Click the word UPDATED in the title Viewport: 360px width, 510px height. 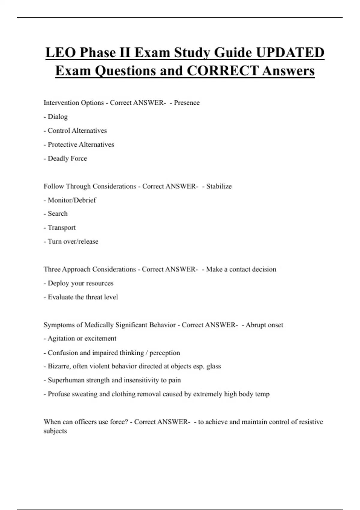click(x=290, y=52)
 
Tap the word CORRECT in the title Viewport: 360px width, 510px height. click(x=222, y=71)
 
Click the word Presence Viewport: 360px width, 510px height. click(x=187, y=103)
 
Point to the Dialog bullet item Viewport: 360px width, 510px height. click(x=58, y=117)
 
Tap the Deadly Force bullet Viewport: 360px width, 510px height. click(x=67, y=158)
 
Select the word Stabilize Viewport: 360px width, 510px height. click(x=219, y=186)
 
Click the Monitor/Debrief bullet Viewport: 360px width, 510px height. click(x=72, y=200)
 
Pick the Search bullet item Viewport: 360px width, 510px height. click(x=58, y=214)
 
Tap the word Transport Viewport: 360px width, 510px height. click(x=61, y=227)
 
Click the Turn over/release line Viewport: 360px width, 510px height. click(x=73, y=241)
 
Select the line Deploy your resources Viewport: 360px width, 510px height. click(x=80, y=283)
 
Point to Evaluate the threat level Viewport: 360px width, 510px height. click(x=83, y=297)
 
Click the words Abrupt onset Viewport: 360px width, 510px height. click(x=264, y=325)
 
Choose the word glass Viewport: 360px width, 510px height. click(x=213, y=366)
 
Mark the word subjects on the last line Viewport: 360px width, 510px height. click(x=55, y=431)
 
